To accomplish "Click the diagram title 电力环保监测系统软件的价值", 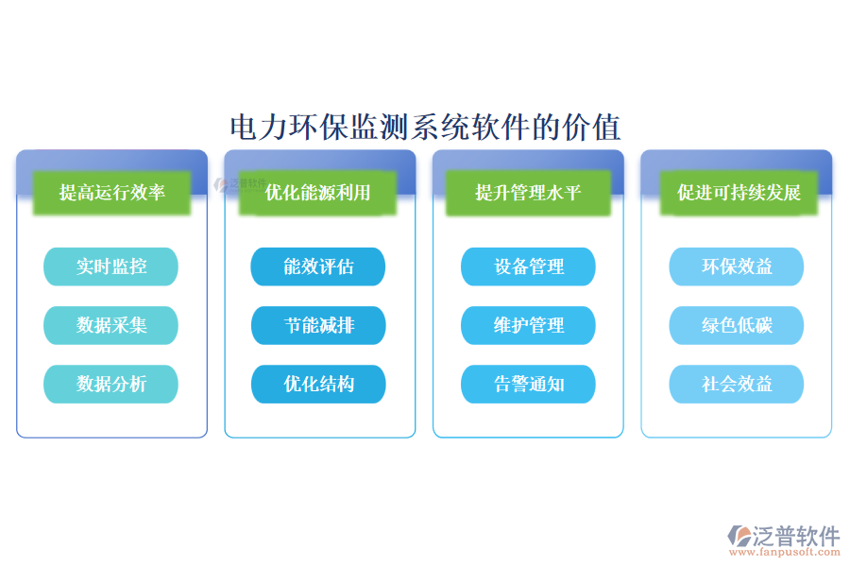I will point(425,126).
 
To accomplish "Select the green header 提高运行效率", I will point(111,193).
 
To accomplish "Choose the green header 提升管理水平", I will point(528,193).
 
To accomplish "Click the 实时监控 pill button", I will point(110,266).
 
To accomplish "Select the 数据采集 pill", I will point(110,325).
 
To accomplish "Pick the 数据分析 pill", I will point(110,384).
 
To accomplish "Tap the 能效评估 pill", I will point(318,266).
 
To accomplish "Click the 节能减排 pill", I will point(318,325).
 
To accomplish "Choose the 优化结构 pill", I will point(318,384).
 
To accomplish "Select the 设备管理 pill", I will point(528,266).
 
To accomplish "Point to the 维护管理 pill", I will point(528,325).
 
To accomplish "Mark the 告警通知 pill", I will point(528,384).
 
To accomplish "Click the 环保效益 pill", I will point(737,266).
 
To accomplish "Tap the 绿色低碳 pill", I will point(737,325).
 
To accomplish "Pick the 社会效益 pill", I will point(737,384).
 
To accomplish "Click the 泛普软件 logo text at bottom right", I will point(795,536).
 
